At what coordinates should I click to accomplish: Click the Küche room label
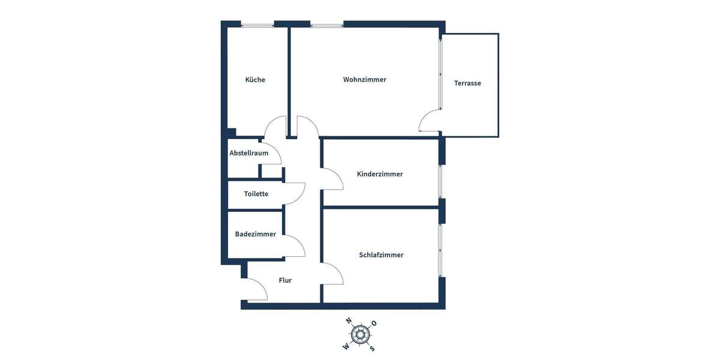255,80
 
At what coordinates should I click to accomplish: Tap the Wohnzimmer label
365,79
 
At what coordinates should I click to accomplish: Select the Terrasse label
467,83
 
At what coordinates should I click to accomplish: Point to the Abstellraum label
249,153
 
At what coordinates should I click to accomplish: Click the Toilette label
256,194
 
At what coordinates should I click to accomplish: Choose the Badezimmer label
256,234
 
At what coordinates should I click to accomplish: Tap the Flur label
285,280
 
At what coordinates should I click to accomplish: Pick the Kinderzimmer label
380,174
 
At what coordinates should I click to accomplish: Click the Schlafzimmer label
381,255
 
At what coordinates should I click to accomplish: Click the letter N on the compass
349,321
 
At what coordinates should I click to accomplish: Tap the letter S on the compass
372,348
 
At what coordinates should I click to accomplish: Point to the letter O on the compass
374,323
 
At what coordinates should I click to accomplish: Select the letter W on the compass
346,346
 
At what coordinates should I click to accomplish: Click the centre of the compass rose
360,334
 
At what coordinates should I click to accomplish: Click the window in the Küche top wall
257,25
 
